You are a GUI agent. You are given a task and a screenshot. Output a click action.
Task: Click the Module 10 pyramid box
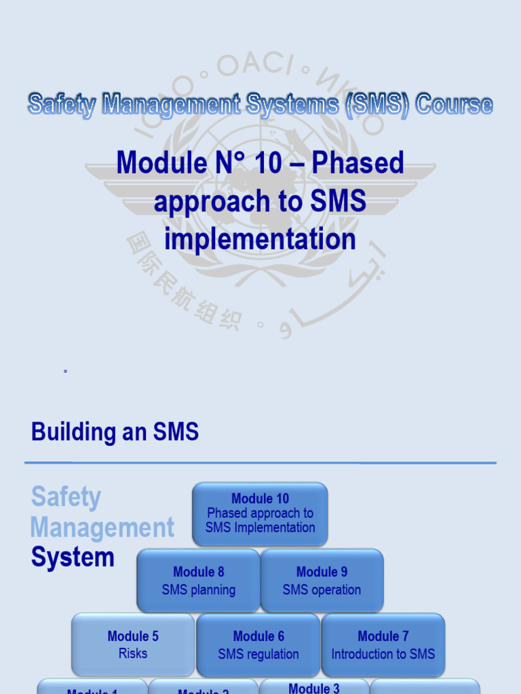point(260,514)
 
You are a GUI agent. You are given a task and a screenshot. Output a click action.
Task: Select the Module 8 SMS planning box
point(198,581)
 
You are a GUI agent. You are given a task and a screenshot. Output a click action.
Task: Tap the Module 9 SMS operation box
point(322,581)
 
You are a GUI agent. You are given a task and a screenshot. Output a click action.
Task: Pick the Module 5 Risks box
point(133,645)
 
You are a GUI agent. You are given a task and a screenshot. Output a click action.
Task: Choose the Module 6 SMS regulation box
point(258,645)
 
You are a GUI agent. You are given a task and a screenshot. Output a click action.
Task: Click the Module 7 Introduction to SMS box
point(383,645)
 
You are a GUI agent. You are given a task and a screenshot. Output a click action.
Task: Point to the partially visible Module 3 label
point(314,688)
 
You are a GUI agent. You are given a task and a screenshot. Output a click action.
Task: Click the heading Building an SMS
point(115,432)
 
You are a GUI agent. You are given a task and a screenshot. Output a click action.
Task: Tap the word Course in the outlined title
point(454,105)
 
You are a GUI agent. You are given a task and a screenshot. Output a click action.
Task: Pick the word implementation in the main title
point(260,239)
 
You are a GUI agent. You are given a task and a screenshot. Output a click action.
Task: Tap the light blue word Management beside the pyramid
point(102,527)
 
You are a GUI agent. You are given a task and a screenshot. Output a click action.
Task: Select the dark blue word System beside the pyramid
point(73,558)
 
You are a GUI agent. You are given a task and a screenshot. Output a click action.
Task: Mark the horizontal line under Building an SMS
point(260,464)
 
